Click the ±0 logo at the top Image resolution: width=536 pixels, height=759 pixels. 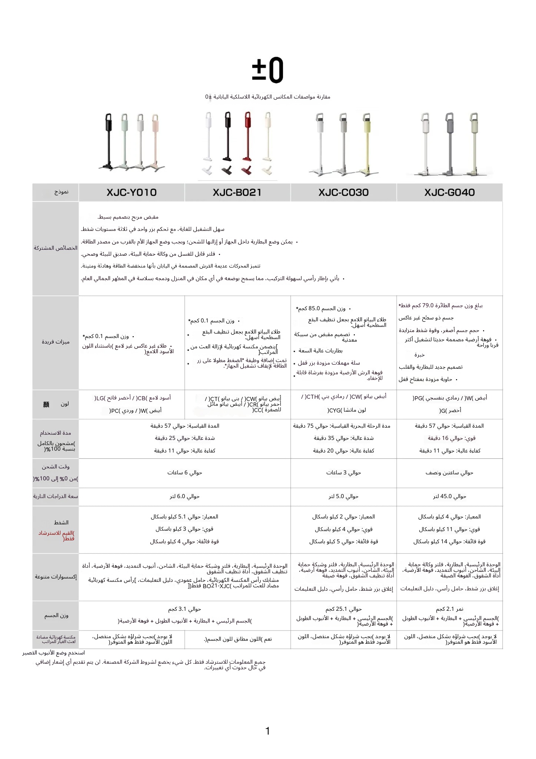(x=267, y=70)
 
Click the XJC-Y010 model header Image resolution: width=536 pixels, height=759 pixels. (x=131, y=192)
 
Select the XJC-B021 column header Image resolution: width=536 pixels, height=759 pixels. (x=237, y=192)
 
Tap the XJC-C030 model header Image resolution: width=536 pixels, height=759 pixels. (x=343, y=192)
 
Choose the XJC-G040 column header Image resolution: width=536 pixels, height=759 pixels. (x=449, y=192)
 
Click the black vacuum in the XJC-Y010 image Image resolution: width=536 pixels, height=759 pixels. (x=108, y=141)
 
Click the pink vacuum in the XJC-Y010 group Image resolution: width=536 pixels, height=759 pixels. (x=156, y=141)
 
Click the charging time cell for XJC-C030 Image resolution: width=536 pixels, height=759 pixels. (x=343, y=473)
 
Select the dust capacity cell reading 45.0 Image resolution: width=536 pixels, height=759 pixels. (x=449, y=496)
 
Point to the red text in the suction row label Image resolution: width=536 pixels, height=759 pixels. (x=56, y=536)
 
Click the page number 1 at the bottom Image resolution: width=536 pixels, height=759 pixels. (x=267, y=731)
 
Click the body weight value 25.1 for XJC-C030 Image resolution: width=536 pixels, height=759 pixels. (x=343, y=609)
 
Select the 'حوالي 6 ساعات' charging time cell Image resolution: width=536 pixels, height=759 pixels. (x=184, y=473)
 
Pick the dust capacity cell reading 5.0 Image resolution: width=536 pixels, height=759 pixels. (x=343, y=496)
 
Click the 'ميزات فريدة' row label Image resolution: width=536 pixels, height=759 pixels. (x=56, y=342)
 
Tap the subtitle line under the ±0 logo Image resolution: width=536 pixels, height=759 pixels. (x=267, y=97)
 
